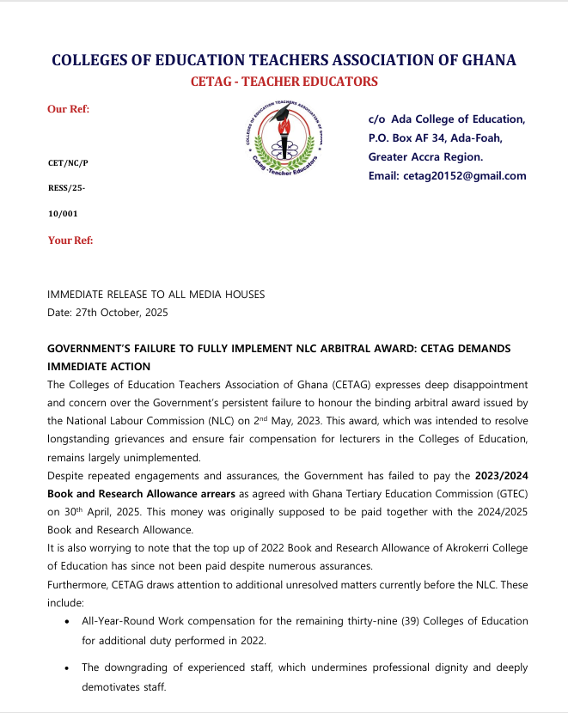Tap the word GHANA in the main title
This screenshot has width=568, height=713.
coord(487,60)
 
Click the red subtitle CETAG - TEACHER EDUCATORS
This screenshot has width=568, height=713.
coord(284,82)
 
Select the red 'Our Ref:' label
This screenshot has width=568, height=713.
coord(68,109)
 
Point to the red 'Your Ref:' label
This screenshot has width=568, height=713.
coord(70,241)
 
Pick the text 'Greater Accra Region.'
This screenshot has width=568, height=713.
coord(425,156)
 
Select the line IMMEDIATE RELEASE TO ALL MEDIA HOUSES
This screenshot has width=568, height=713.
coord(156,295)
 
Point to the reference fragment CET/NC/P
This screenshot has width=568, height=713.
coord(67,162)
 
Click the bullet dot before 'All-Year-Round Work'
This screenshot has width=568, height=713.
coord(67,621)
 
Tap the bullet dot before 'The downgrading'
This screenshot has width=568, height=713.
coord(67,667)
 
